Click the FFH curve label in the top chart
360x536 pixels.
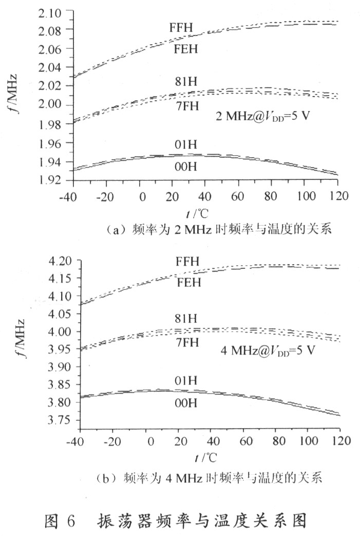coord(181,27)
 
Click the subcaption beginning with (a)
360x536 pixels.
coord(210,230)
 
